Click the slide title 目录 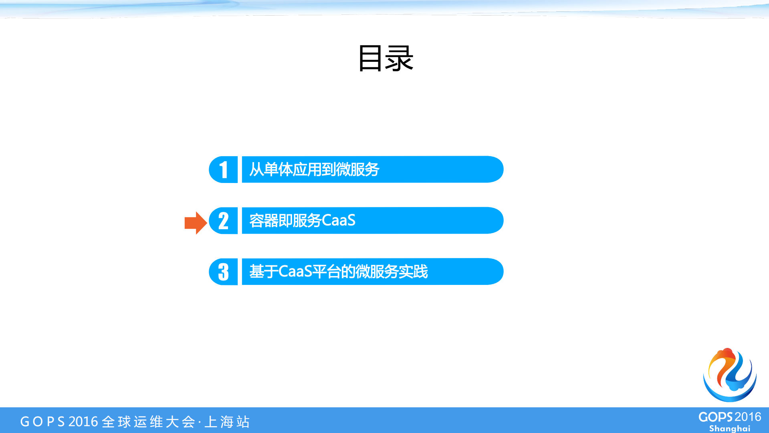385,59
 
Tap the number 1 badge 223,169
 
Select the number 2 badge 223,221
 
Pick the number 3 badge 223,272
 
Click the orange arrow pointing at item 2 195,223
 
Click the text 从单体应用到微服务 314,169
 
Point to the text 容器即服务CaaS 302,221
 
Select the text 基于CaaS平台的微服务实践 339,272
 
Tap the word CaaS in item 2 339,221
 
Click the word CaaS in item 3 295,272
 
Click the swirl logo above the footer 730,375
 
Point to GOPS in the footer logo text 716,417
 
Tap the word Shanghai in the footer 730,429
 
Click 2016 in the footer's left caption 83,422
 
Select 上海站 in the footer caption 227,422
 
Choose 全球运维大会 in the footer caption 149,422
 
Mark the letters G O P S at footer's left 42,422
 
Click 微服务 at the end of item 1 358,169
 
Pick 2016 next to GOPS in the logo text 748,417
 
